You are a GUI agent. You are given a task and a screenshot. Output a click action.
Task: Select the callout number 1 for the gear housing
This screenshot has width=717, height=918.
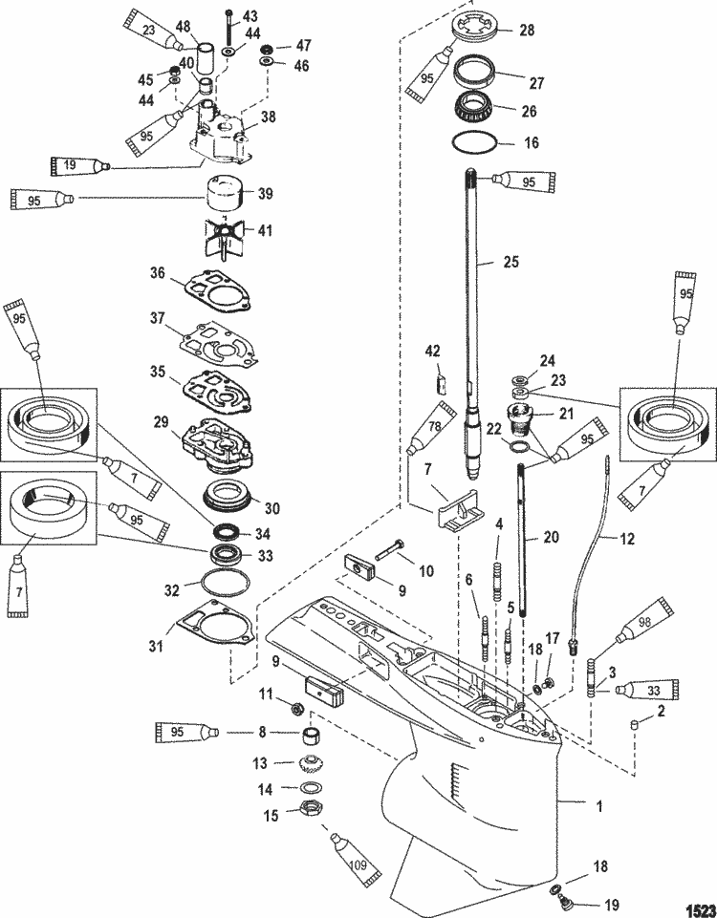pyautogui.click(x=598, y=806)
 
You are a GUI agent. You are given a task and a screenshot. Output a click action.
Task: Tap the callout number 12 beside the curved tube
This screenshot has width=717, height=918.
pyautogui.click(x=626, y=539)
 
